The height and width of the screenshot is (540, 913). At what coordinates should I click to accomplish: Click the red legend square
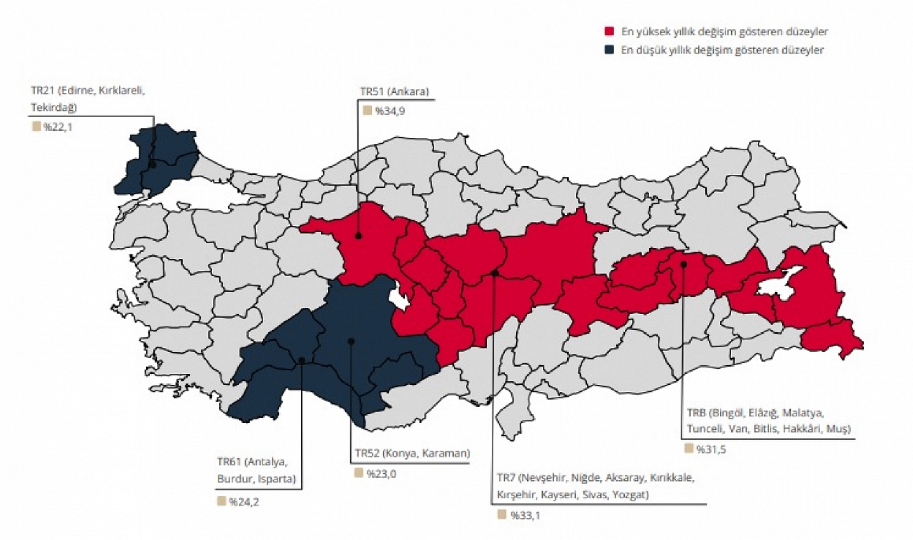[610, 31]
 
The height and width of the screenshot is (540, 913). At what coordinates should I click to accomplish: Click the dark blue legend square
[610, 50]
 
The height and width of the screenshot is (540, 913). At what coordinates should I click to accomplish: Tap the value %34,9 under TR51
[389, 111]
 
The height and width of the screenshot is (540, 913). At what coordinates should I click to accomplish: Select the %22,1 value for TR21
[58, 128]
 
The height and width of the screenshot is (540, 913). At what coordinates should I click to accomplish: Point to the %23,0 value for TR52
[381, 474]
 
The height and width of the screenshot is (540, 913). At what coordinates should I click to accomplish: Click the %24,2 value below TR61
[244, 502]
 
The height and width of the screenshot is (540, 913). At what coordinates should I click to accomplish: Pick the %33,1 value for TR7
[525, 516]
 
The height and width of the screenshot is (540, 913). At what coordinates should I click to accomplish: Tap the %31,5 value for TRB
[711, 449]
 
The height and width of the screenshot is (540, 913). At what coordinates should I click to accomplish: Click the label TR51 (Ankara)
[394, 91]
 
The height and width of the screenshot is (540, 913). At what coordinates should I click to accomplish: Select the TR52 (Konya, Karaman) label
[413, 453]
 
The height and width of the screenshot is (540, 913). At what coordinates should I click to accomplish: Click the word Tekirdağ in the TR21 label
[54, 107]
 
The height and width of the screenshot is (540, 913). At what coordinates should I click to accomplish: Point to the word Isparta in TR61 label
[277, 479]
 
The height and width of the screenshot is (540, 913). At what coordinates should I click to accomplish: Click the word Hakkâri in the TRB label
[801, 429]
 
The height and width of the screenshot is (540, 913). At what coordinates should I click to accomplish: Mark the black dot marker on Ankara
[359, 236]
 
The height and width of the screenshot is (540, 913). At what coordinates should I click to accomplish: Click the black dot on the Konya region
[351, 341]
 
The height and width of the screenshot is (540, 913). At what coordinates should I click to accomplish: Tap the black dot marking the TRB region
[684, 264]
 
